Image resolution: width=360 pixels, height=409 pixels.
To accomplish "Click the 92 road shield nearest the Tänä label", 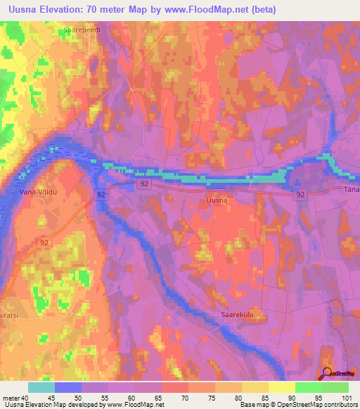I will [x=301, y=194].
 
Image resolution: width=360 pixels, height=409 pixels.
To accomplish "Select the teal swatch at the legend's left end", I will [x=41, y=387].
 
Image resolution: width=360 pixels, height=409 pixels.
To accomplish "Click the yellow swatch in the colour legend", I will [x=282, y=387].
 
